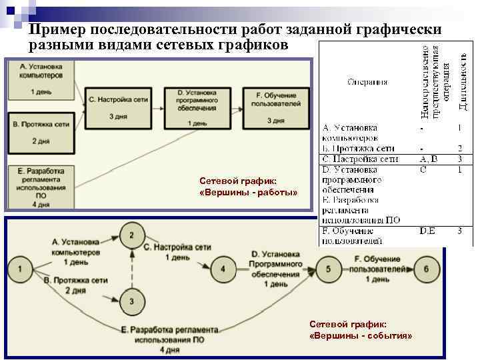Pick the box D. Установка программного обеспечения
pos(193,107)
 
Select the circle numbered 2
pos(132,235)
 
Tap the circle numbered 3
pos(132,302)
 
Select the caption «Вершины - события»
pos(361,329)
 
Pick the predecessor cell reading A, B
pos(428,159)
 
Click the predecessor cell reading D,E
pos(428,231)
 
